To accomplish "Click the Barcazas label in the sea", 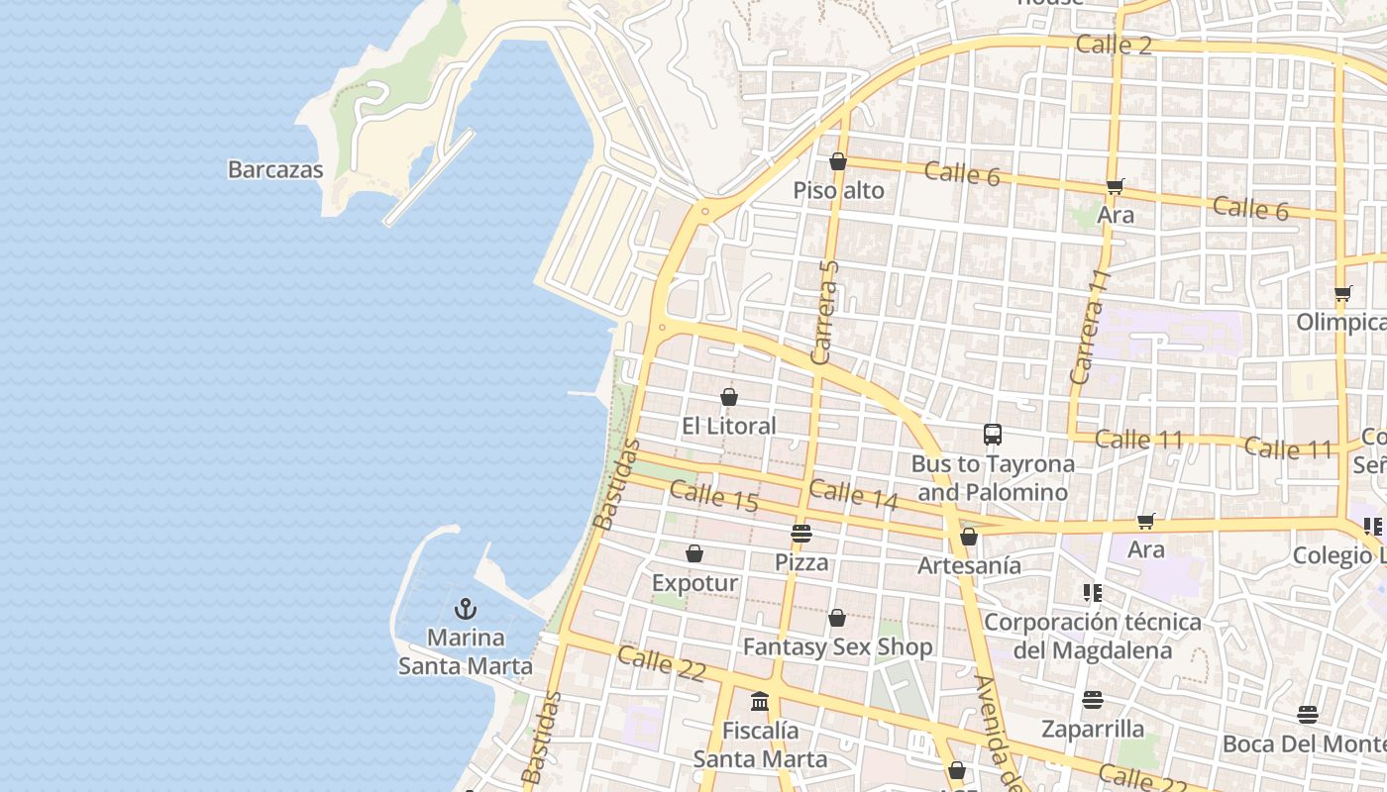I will (275, 169).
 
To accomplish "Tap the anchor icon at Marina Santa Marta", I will (466, 609).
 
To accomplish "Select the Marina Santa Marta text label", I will (466, 651).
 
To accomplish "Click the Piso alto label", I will (838, 190).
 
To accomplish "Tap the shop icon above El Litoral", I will (729, 397).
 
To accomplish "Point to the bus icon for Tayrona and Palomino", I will (993, 434).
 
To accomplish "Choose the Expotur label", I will (694, 583).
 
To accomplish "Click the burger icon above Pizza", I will (801, 534).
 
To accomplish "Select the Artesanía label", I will (969, 565).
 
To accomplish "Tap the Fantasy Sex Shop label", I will (837, 647).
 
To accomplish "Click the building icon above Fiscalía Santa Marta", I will (760, 701).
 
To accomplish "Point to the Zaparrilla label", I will (1093, 730).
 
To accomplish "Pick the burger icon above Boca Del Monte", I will (1308, 715).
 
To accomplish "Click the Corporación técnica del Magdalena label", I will (1093, 636).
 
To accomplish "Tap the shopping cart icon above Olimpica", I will (1343, 293).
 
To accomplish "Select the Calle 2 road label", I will (1113, 45).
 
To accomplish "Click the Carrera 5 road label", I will (824, 312).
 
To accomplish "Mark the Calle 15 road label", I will (713, 497).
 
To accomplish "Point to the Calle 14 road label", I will (853, 495).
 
